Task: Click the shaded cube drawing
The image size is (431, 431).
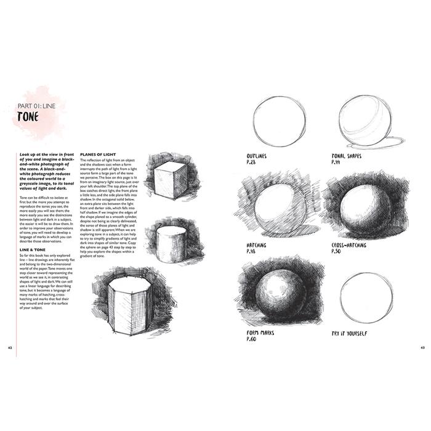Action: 171,179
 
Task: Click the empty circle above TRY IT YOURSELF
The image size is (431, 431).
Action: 365,297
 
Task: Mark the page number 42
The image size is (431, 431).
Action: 10,348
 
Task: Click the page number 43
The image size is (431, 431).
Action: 422,348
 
